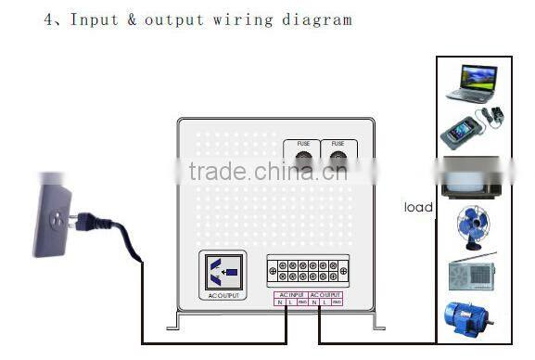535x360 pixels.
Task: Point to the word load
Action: [418, 207]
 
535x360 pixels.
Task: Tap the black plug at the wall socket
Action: [89, 223]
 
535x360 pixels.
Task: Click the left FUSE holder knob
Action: [303, 163]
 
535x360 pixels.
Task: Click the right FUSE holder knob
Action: [338, 163]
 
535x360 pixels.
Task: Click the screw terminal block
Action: [308, 270]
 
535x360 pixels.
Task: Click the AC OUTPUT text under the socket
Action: [224, 296]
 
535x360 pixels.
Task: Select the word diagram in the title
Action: [319, 19]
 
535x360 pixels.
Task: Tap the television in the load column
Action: [473, 176]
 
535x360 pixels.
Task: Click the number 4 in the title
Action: [48, 19]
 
